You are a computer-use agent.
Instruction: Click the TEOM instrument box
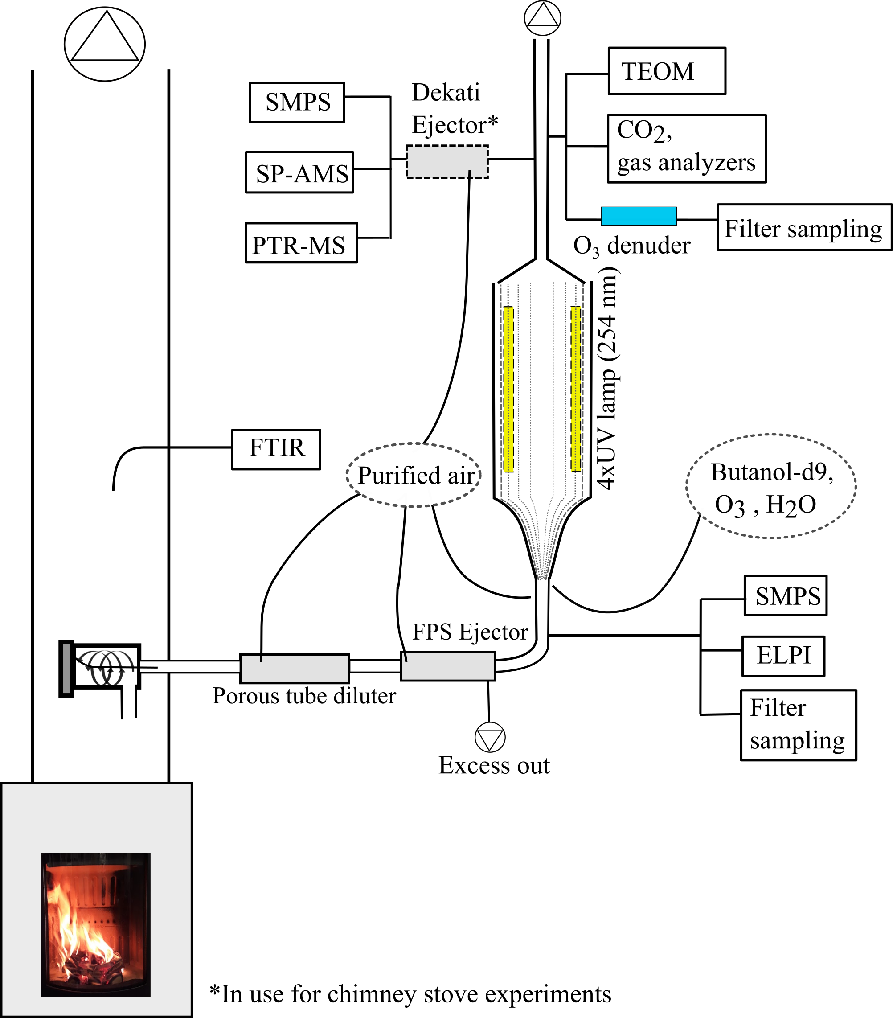click(666, 71)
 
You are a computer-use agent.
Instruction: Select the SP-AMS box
click(299, 173)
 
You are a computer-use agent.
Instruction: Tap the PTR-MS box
click(301, 243)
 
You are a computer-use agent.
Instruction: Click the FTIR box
click(276, 449)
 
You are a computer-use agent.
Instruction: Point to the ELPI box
click(783, 656)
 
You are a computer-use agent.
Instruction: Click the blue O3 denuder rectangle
click(639, 216)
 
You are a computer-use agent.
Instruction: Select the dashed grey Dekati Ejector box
click(447, 161)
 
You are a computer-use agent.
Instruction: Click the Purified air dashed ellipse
click(414, 475)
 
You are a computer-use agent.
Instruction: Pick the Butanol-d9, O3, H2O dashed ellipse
click(770, 487)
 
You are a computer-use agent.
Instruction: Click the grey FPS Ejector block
click(447, 666)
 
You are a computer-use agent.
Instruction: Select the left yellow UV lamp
click(508, 389)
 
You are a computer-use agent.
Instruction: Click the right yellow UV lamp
click(576, 389)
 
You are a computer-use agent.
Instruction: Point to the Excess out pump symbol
click(490, 738)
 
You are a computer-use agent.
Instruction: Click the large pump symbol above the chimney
click(105, 44)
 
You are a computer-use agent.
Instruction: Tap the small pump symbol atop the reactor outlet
click(542, 18)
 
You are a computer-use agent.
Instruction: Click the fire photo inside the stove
click(96, 925)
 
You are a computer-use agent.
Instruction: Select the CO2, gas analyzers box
click(686, 149)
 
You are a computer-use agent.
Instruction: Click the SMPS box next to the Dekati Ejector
click(297, 102)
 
